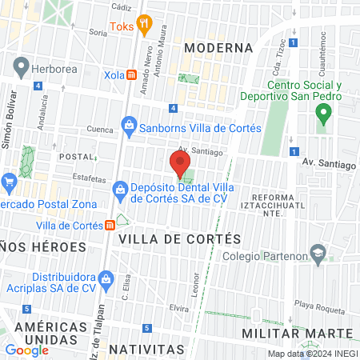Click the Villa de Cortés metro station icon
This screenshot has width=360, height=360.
click(109, 225)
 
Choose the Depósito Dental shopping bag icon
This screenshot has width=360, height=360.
click(120, 190)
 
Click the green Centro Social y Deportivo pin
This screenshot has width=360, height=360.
click(324, 115)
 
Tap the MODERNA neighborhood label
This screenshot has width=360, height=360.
click(218, 48)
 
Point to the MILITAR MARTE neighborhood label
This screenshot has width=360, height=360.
click(308, 333)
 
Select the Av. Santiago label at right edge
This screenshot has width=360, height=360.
click(329, 163)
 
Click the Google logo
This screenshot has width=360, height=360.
click(27, 350)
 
